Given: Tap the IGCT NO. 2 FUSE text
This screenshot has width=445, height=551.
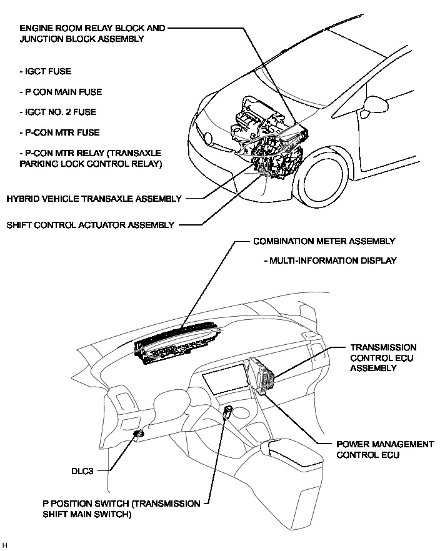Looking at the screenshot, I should [58, 112].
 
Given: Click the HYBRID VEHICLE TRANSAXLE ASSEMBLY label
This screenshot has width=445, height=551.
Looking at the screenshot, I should [94, 199].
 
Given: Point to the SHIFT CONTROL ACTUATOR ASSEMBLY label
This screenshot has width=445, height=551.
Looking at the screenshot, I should [90, 225].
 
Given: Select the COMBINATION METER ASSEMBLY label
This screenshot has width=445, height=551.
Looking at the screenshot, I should [324, 241].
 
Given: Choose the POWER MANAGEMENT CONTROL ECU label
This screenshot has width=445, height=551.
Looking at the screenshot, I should [384, 449].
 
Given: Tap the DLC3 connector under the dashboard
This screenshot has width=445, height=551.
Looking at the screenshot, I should [139, 433].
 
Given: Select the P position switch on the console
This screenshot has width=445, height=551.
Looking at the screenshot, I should [229, 411].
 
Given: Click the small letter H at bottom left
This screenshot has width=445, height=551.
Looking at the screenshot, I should [6, 545].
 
